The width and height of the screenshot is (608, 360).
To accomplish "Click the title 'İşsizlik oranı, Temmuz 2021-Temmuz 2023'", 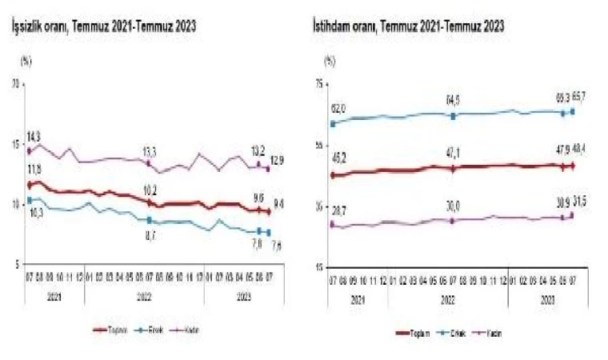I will coord(103,26).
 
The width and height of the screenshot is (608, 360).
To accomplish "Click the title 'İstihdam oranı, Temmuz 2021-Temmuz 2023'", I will coord(408,26).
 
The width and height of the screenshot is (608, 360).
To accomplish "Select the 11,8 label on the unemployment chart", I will coord(34,169).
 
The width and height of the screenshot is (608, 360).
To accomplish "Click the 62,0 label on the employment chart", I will coord(337,109).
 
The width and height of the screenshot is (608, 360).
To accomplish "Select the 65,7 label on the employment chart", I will coord(579,97).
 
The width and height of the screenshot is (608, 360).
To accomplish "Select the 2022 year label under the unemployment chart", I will coord(144,294).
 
